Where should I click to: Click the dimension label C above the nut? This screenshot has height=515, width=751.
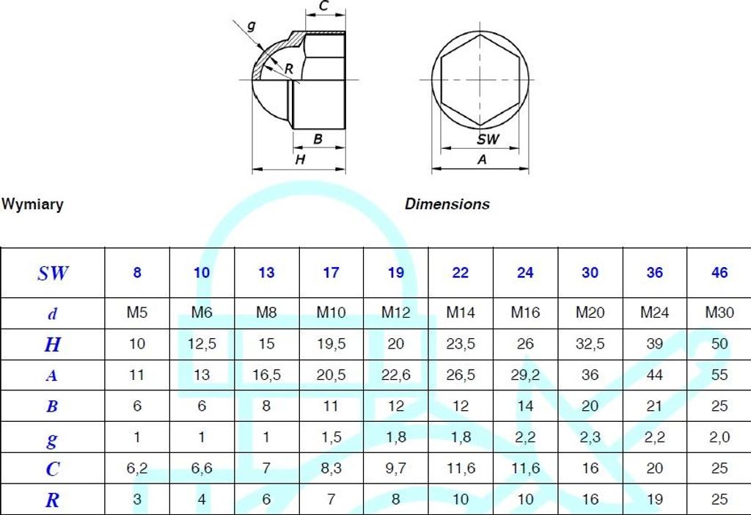(323, 6)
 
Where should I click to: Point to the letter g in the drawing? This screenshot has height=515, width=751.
(251, 26)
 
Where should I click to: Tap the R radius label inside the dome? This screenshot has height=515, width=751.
(288, 69)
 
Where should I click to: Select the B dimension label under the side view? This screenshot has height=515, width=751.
(318, 139)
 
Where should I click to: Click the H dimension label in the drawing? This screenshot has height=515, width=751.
(300, 159)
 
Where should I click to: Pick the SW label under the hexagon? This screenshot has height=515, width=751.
(488, 139)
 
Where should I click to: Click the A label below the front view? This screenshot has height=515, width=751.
(482, 159)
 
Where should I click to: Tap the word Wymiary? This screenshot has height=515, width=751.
(32, 204)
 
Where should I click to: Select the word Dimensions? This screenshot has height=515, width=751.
(447, 204)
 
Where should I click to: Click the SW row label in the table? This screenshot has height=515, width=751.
(53, 273)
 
